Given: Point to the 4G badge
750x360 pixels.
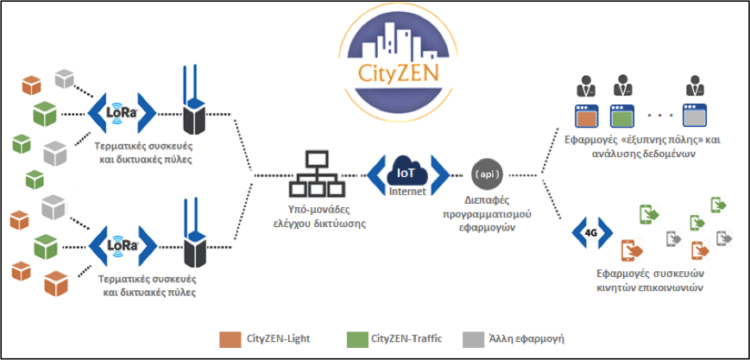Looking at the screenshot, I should click(x=592, y=231).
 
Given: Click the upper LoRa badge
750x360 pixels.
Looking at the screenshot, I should click(x=121, y=111).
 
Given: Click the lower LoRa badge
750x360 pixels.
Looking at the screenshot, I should click(x=121, y=245).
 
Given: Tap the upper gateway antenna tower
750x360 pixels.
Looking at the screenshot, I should click(x=194, y=104).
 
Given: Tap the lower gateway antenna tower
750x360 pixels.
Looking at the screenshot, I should click(x=194, y=237).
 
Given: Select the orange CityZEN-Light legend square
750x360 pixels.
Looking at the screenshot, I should click(x=230, y=337).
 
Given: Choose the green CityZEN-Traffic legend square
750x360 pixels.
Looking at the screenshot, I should click(x=356, y=337).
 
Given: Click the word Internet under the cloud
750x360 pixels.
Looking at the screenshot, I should click(x=405, y=193).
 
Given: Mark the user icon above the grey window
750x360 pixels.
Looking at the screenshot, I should click(x=695, y=87).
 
